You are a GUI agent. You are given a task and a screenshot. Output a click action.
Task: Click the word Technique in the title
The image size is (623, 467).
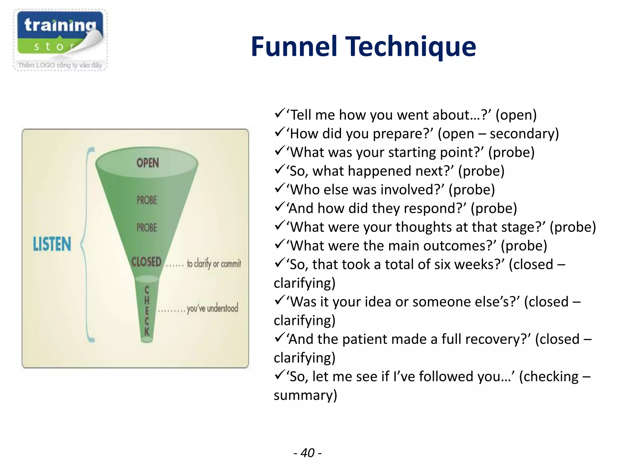411,47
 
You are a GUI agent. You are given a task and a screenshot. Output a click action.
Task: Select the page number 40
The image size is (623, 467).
308,453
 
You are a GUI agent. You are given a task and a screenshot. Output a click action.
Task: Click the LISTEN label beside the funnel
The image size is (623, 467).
52,244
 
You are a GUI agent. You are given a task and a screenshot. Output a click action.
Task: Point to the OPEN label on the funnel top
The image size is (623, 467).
148,163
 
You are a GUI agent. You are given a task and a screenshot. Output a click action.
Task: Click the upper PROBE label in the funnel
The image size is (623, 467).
147,200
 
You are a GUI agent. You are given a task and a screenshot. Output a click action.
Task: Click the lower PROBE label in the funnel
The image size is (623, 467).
147,228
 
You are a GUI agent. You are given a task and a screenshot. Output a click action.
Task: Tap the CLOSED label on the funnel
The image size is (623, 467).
146,262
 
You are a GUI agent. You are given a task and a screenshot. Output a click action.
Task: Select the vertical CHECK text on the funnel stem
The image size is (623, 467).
147,310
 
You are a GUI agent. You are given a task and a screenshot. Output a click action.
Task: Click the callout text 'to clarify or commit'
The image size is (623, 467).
214,263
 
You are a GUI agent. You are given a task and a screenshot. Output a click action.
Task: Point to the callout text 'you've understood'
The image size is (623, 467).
212,308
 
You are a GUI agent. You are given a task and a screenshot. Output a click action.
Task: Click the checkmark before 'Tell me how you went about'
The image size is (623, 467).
279,114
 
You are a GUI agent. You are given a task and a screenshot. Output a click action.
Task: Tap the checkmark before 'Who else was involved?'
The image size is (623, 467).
279,189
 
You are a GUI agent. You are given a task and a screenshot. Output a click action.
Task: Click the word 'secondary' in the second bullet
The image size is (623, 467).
524,134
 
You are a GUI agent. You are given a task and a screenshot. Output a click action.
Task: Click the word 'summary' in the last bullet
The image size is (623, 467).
305,395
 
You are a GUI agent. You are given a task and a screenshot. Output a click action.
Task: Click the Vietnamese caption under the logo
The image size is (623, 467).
60,65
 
